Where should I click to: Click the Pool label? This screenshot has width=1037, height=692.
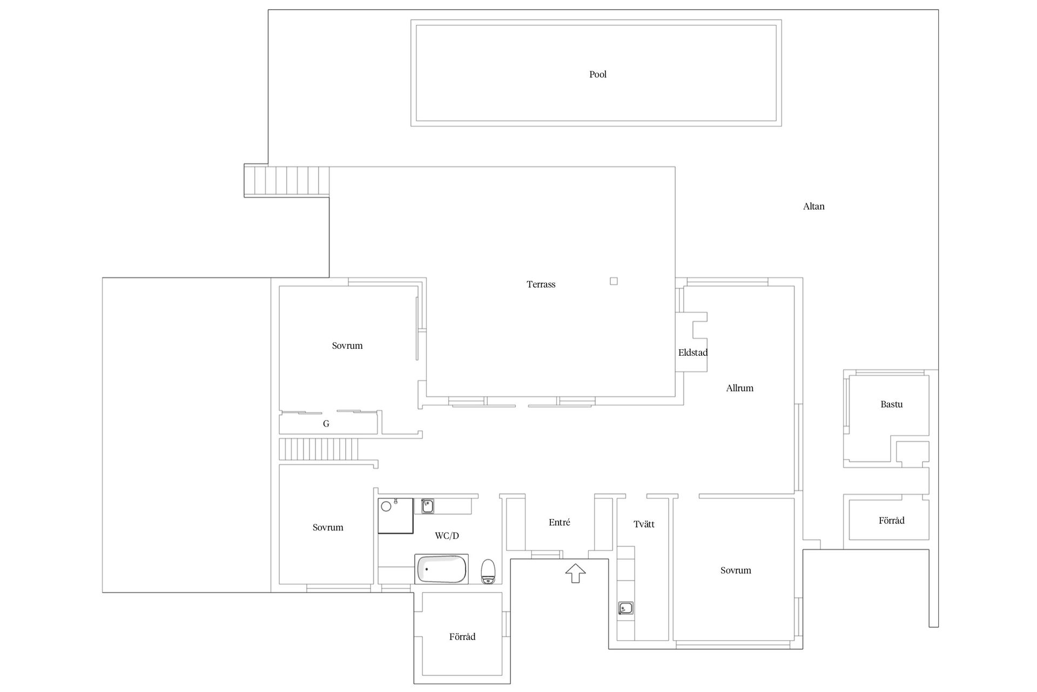pyautogui.click(x=598, y=75)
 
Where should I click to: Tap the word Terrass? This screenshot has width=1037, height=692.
pyautogui.click(x=541, y=284)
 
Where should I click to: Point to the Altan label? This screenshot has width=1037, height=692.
pyautogui.click(x=813, y=206)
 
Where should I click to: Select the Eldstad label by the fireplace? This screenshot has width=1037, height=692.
pyautogui.click(x=693, y=352)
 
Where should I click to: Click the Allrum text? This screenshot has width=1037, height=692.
pyautogui.click(x=739, y=388)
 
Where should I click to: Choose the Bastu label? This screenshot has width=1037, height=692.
pyautogui.click(x=891, y=404)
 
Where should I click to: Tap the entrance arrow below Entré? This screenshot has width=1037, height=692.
pyautogui.click(x=576, y=573)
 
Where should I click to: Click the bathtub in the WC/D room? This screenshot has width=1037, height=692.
pyautogui.click(x=441, y=569)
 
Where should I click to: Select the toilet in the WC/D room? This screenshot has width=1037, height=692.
pyautogui.click(x=488, y=571)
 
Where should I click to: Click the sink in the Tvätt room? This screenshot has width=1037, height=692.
pyautogui.click(x=625, y=608)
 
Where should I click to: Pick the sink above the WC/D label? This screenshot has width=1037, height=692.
pyautogui.click(x=427, y=506)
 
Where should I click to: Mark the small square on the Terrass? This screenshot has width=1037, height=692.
pyautogui.click(x=614, y=281)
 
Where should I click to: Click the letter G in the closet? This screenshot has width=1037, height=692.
pyautogui.click(x=326, y=424)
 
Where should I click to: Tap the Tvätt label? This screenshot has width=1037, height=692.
pyautogui.click(x=644, y=524)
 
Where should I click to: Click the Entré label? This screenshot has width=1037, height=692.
pyautogui.click(x=560, y=523)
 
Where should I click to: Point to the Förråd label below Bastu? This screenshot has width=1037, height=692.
pyautogui.click(x=891, y=521)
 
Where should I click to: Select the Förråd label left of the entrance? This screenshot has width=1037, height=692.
pyautogui.click(x=462, y=637)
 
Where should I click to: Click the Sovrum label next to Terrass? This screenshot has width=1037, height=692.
pyautogui.click(x=347, y=346)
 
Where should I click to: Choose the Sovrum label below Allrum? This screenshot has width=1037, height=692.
pyautogui.click(x=736, y=570)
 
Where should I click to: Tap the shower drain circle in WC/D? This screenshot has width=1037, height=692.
pyautogui.click(x=386, y=507)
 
